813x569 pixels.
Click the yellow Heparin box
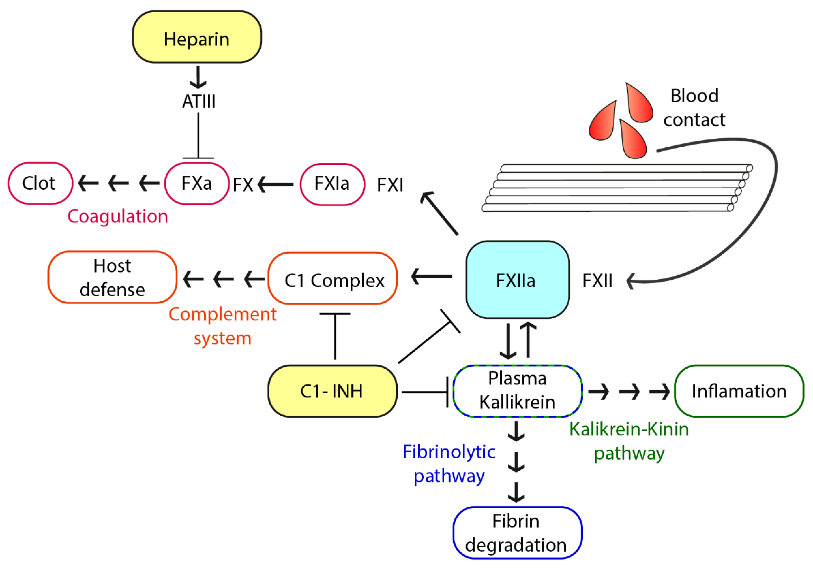tap(197, 37)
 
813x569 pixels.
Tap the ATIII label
tap(199, 102)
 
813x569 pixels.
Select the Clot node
tap(40, 183)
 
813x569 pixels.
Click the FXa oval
tap(197, 184)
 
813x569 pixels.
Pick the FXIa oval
tap(332, 184)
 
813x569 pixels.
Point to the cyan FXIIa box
tap(517, 280)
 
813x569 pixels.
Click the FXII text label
tap(597, 281)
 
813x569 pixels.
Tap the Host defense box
tap(112, 277)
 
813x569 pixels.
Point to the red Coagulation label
tap(117, 216)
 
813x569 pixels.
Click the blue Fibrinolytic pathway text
tap(449, 464)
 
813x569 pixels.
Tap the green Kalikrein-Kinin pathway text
tap(629, 441)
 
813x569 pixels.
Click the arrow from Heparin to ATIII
tap(198, 77)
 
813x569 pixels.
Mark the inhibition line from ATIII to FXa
tap(198, 137)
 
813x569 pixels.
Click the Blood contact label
tap(694, 108)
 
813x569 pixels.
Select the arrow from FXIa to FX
tap(276, 184)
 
